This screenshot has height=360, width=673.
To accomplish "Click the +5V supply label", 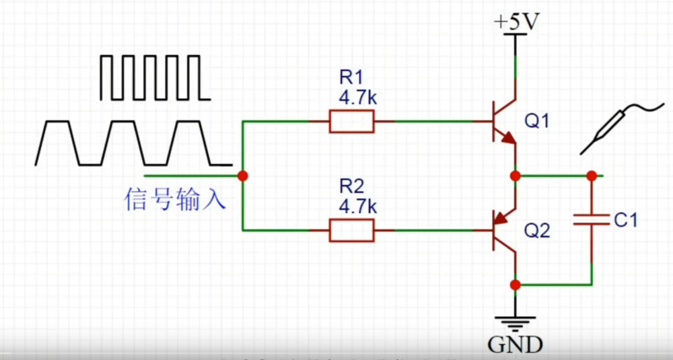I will [x=516, y=22].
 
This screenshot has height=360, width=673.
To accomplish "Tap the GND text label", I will [x=515, y=345].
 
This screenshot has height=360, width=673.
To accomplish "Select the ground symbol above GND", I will [x=516, y=322].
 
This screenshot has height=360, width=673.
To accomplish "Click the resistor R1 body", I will [x=351, y=122].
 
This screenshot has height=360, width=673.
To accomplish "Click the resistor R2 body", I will [x=351, y=231].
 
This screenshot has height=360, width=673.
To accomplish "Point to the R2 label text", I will [x=351, y=185].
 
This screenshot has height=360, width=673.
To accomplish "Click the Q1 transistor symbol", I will [x=503, y=122].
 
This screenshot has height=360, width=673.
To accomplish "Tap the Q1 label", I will [x=537, y=122].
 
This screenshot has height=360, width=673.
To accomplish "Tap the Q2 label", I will [x=537, y=231].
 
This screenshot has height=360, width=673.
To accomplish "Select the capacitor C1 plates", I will [x=591, y=219].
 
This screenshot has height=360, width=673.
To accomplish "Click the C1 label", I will [x=626, y=219].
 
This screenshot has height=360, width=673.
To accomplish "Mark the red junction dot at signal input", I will [x=242, y=176].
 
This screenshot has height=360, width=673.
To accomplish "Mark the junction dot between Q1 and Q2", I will [x=516, y=176].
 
